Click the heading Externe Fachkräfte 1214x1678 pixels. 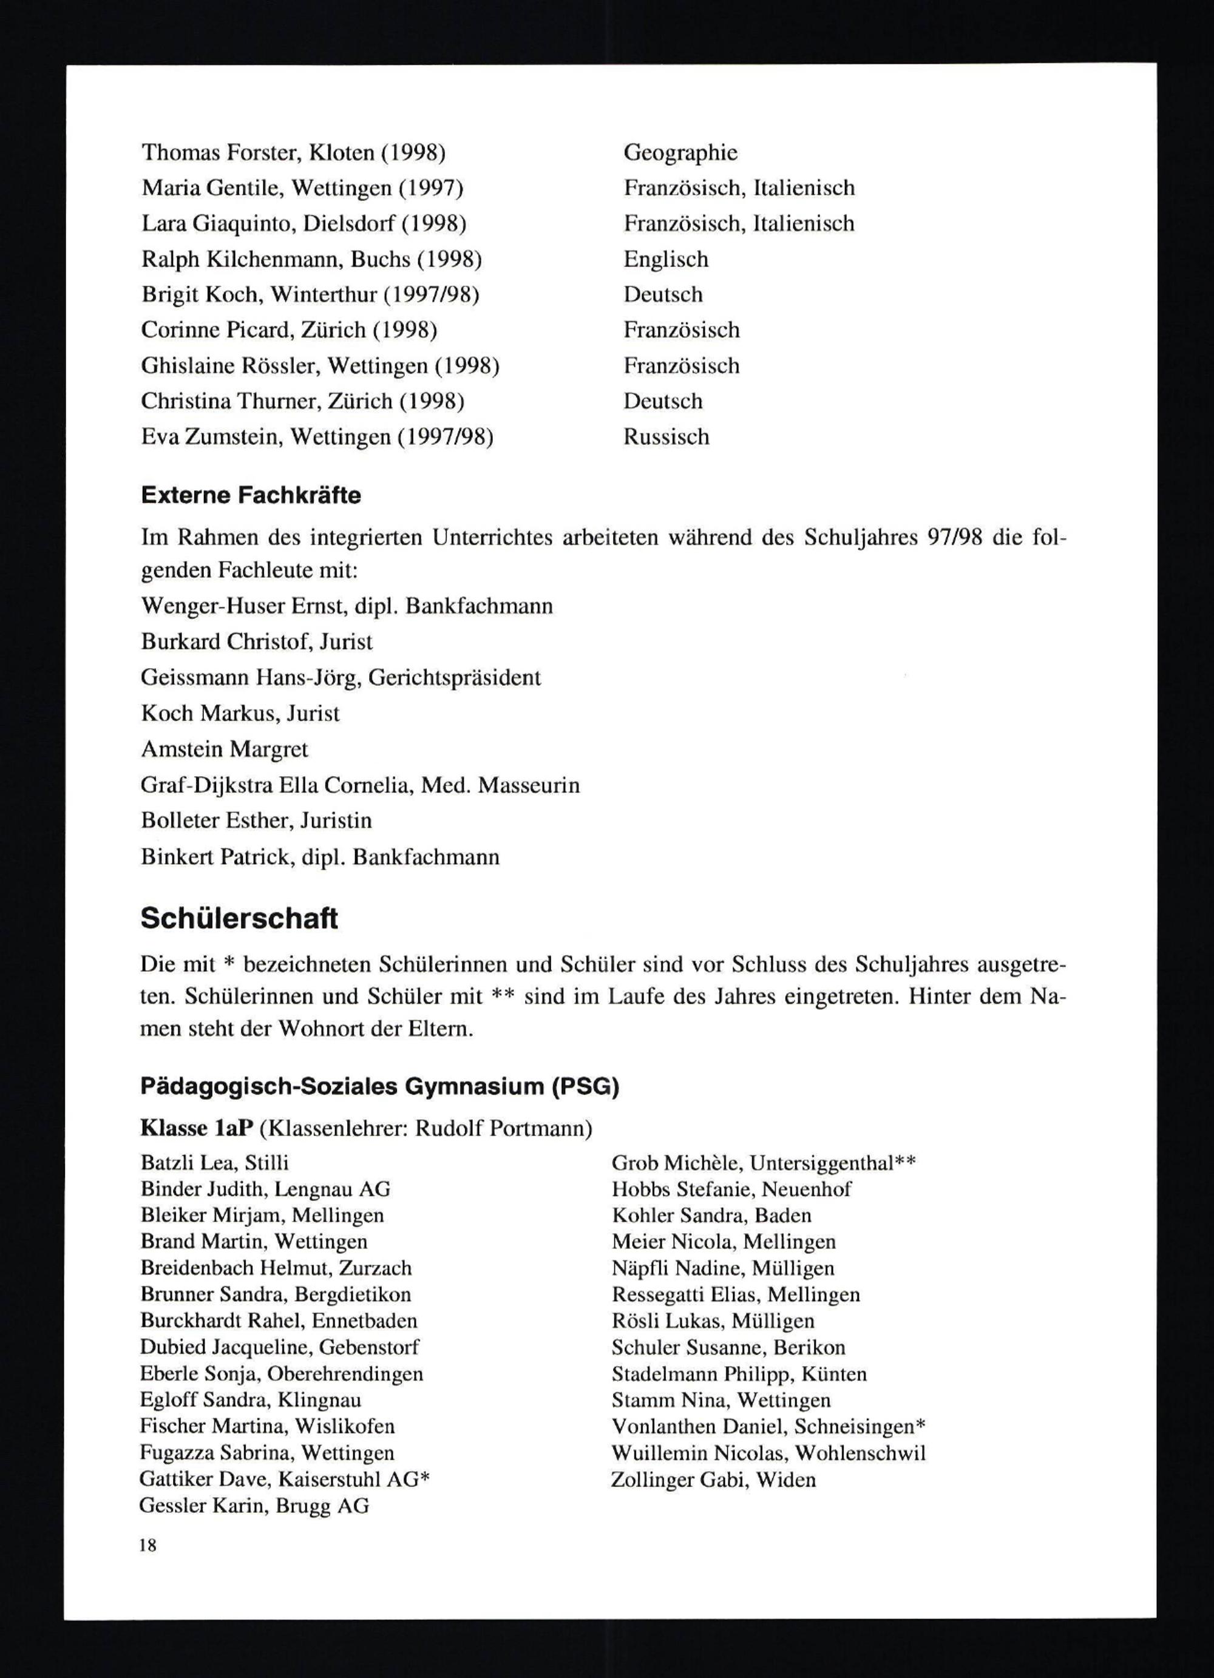(x=251, y=495)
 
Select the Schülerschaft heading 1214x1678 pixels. (x=239, y=918)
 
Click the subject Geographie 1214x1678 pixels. (x=680, y=152)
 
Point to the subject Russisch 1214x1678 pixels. (x=666, y=436)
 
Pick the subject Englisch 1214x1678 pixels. (x=666, y=259)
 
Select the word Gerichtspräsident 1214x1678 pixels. (x=454, y=678)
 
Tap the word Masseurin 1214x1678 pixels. (x=528, y=785)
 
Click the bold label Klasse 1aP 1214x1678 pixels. (x=197, y=1128)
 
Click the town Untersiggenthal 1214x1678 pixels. (x=821, y=1163)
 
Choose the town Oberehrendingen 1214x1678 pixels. (x=345, y=1374)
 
